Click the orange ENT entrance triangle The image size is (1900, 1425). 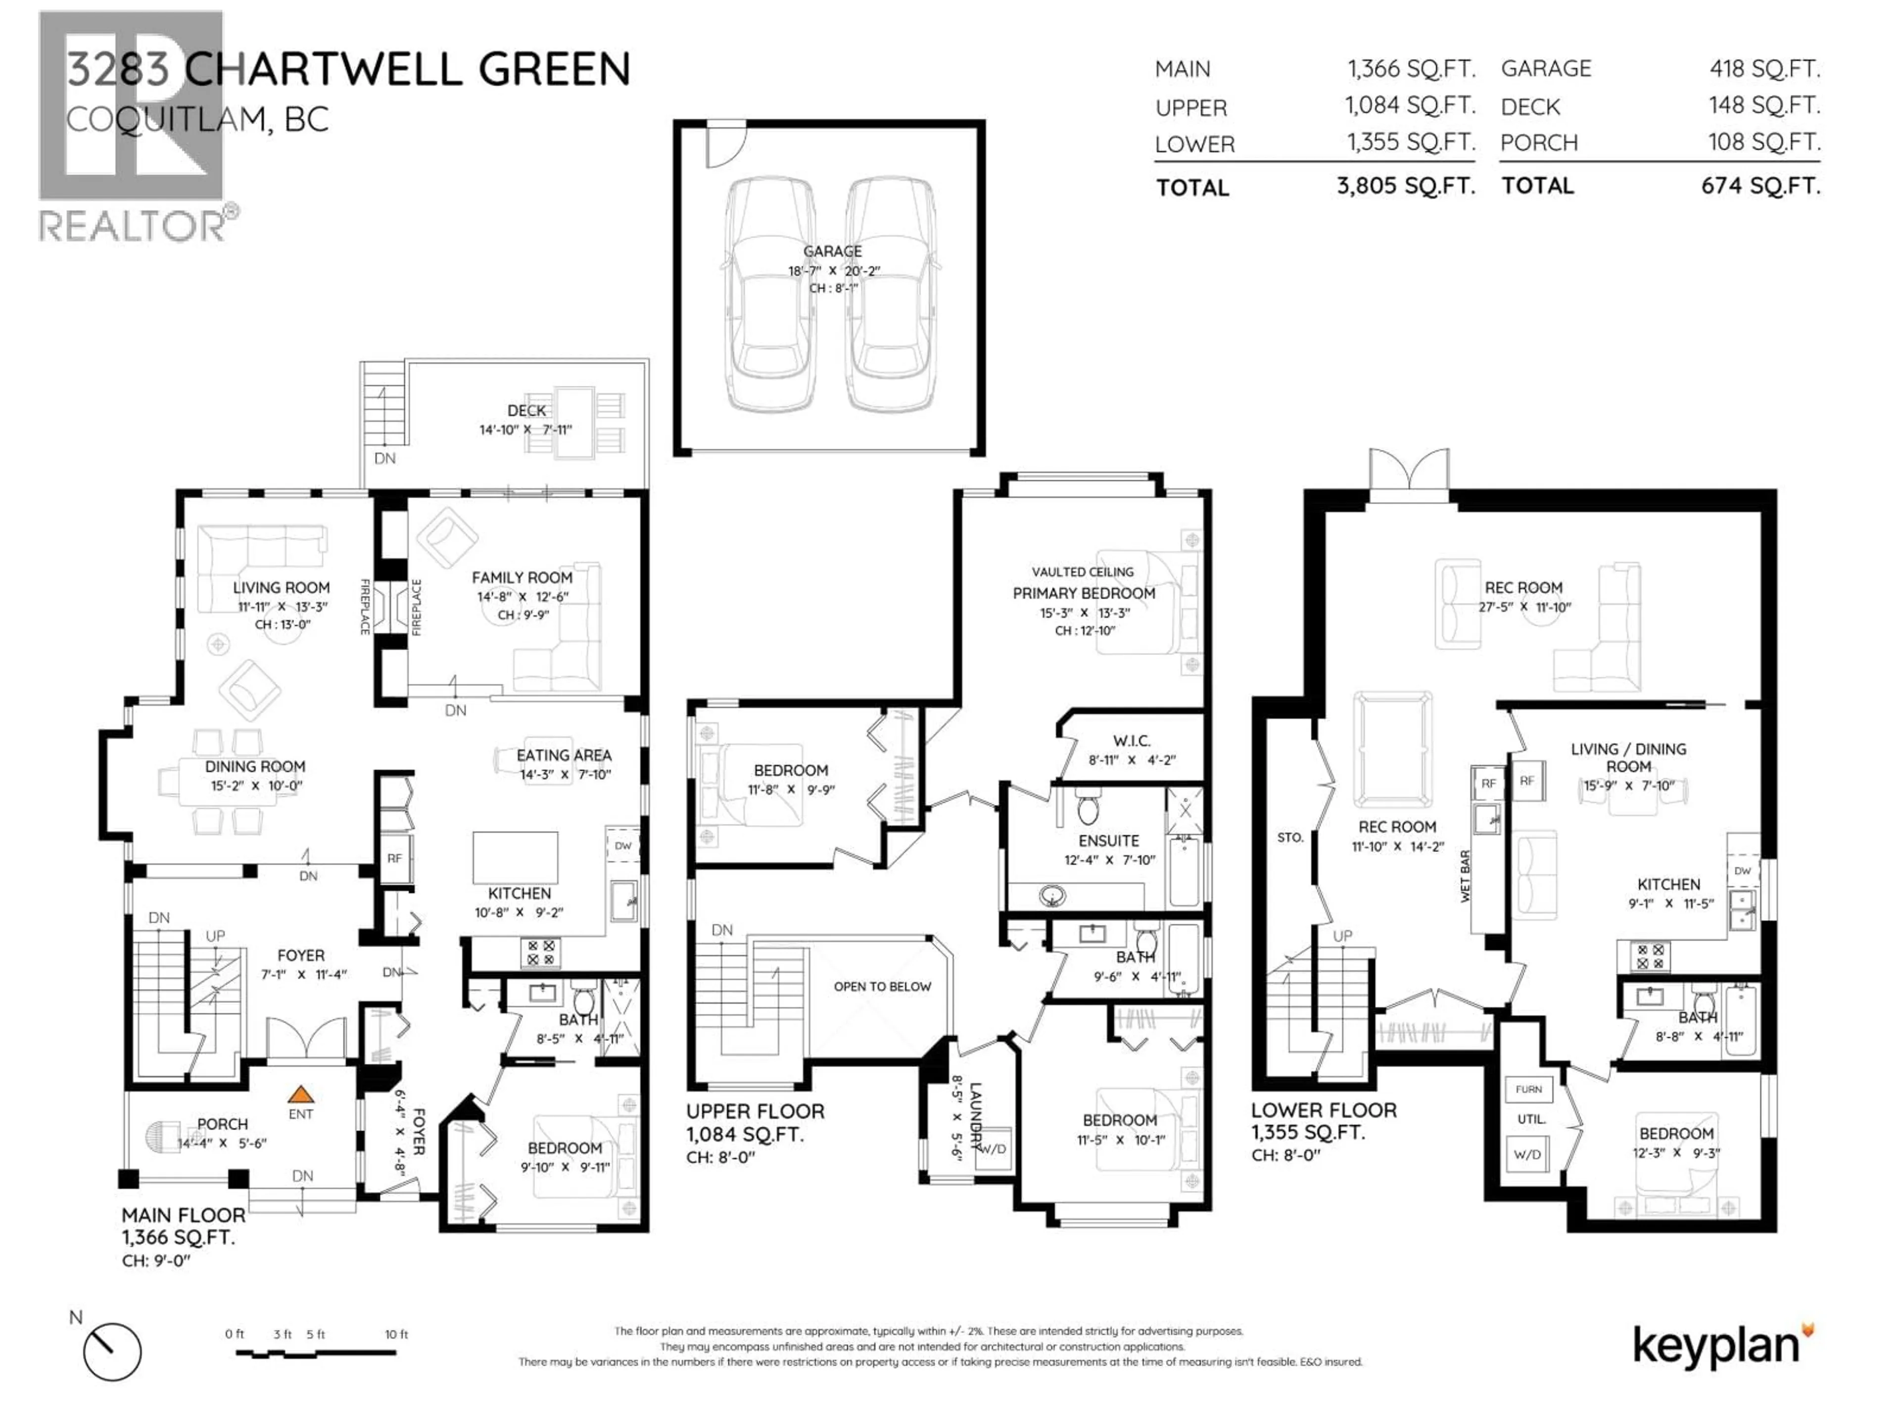(300, 1094)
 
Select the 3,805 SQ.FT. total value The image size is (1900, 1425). (1405, 186)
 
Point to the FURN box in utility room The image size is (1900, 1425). (1528, 1089)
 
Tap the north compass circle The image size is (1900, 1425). (112, 1351)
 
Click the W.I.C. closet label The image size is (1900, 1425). (1131, 740)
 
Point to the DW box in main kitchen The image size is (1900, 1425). (623, 846)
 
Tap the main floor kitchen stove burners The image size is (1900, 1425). (541, 951)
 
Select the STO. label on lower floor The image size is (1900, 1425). (1289, 838)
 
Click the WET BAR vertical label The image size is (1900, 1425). (1466, 876)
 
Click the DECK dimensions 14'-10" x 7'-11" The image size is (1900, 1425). (525, 429)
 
